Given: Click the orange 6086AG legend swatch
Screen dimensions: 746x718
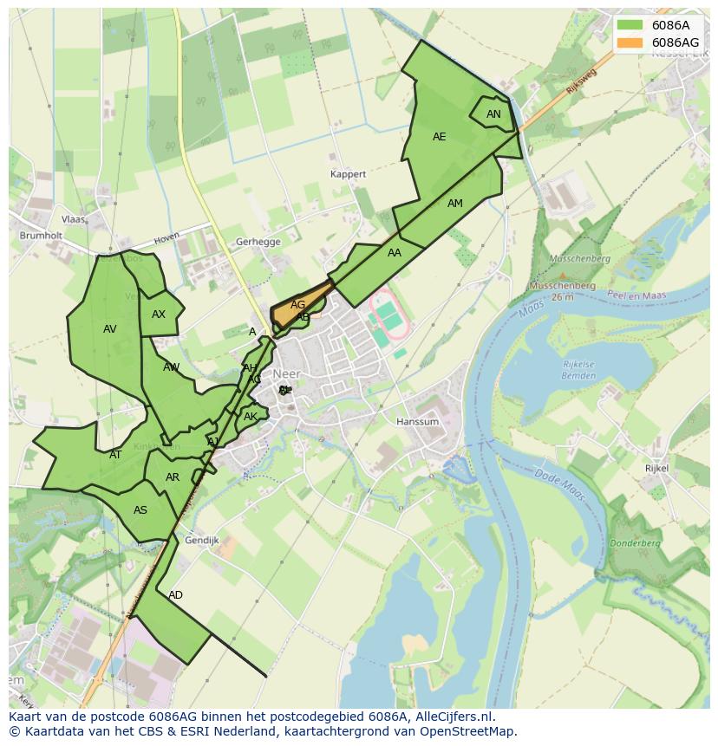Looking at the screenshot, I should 631,42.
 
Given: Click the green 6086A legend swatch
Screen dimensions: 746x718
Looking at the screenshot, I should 631,25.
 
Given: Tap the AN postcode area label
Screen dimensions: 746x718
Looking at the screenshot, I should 493,114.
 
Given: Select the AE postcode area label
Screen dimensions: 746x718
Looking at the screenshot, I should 439,137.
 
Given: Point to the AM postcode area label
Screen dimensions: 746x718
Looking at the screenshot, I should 455,204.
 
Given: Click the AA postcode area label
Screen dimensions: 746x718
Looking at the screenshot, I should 395,253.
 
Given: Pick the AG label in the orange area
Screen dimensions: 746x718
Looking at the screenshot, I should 297,305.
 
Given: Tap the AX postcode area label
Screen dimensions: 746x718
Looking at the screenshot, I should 159,315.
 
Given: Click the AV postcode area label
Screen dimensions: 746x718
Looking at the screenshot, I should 109,329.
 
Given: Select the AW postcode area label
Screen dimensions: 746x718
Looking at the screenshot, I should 172,367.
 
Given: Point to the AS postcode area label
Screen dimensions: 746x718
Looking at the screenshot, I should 140,510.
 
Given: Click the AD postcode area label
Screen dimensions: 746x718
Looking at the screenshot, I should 176,595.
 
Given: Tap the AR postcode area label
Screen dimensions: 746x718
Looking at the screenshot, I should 173,477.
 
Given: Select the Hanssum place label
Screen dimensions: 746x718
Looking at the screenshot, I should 417,422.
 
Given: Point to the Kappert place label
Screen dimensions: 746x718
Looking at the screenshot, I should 349,174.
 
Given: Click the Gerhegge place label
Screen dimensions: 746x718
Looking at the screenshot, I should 258,243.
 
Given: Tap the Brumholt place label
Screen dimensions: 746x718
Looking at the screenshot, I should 40,235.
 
